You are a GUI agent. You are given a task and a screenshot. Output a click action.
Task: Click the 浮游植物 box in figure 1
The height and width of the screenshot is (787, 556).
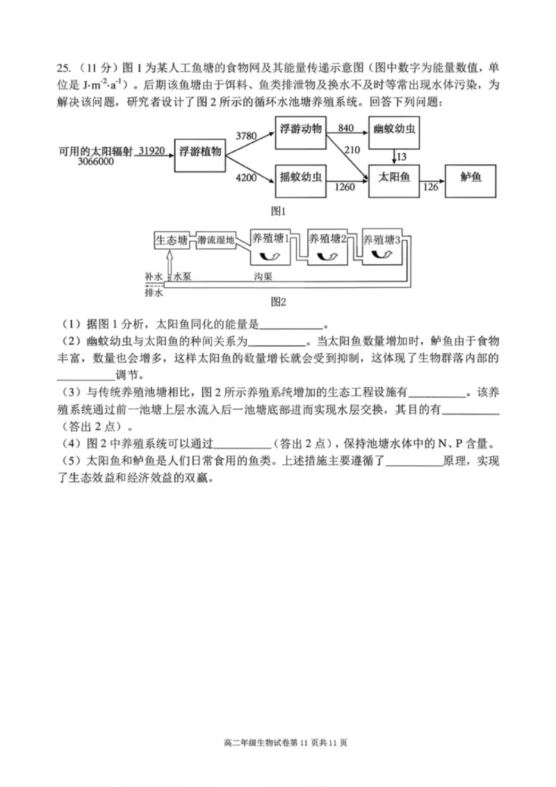[x=200, y=152]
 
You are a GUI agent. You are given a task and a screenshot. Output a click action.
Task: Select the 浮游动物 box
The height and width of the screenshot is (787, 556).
[x=300, y=130]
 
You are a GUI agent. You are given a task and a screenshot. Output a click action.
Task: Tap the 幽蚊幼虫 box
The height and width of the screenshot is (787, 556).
[x=395, y=130]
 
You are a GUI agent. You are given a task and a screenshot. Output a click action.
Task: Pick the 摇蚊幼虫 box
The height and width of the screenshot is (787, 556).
[x=300, y=178]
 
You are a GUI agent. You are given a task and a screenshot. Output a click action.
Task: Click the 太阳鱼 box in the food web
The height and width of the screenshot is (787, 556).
[x=394, y=178]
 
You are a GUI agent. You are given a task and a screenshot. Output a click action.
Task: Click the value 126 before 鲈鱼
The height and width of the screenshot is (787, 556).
[x=431, y=186]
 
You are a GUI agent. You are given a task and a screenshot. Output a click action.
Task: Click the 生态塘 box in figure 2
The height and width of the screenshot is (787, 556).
[x=171, y=241]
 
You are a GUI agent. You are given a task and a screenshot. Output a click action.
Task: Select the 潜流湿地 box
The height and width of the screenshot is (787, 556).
[x=215, y=241]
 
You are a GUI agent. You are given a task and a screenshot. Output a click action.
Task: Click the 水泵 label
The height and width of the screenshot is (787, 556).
[x=182, y=276]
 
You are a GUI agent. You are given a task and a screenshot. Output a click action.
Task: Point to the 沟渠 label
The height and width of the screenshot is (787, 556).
[x=263, y=276]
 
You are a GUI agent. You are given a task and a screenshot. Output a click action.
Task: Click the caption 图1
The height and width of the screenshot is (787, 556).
[x=279, y=210]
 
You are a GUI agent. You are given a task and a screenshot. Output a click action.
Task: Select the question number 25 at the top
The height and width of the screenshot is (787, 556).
[x=63, y=67]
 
